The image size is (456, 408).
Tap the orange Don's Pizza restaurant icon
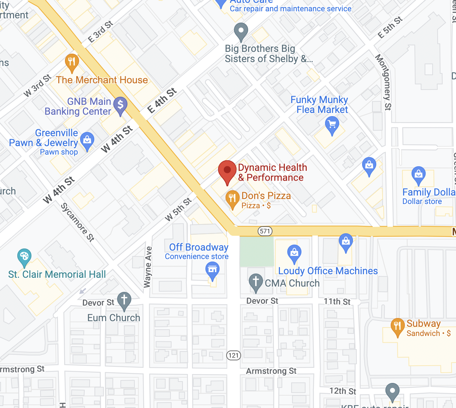click(232, 199)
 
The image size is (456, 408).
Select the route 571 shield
click(265, 231)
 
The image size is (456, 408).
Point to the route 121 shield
click(234, 355)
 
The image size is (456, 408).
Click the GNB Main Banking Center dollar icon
click(120, 105)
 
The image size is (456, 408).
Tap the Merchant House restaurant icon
click(72, 62)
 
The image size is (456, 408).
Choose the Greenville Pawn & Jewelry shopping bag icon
click(87, 140)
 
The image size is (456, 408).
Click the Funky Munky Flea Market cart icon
click(332, 125)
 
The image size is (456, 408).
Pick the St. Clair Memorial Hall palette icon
click(24, 257)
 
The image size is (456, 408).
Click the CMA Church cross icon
click(256, 282)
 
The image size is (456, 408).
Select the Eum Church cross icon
click(124, 300)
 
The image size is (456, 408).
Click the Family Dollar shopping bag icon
click(419, 174)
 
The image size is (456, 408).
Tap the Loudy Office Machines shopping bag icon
click(294, 253)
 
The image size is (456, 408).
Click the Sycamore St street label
click(77, 222)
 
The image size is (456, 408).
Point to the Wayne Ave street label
click(148, 267)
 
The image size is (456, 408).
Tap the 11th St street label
click(337, 301)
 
